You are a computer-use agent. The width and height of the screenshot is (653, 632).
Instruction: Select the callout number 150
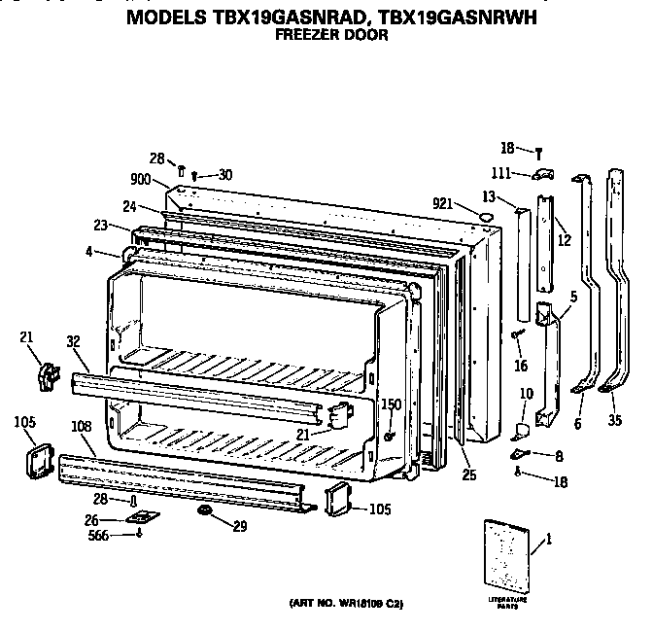[390, 404]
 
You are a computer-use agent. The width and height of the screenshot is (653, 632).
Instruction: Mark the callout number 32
[72, 341]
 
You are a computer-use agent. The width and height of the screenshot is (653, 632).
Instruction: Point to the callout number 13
[489, 197]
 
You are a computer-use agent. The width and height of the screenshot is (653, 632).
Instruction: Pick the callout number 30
[224, 174]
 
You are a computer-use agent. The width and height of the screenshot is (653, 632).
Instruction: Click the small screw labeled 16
[517, 335]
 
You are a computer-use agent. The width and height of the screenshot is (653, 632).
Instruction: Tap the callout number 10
[526, 393]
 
